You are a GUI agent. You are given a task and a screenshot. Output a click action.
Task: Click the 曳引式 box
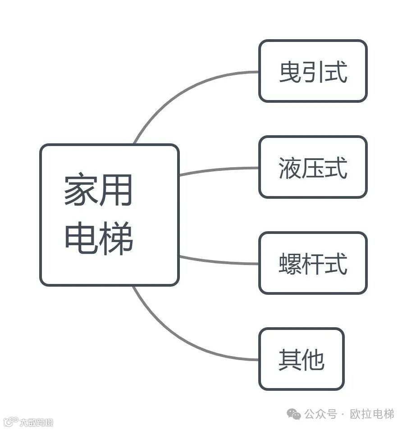[x=313, y=71]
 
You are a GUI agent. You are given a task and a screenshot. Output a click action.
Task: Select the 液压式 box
[x=313, y=167]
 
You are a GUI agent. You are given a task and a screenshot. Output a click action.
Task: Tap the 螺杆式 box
[x=313, y=263]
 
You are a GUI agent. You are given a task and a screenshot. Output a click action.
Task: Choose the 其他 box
[x=301, y=359]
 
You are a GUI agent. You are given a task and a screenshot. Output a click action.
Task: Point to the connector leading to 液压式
[x=219, y=170]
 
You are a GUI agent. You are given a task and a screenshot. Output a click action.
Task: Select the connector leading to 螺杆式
[x=219, y=261]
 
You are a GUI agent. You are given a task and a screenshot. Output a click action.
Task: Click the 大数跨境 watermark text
[x=36, y=422]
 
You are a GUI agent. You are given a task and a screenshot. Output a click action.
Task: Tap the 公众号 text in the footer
[x=320, y=414]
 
